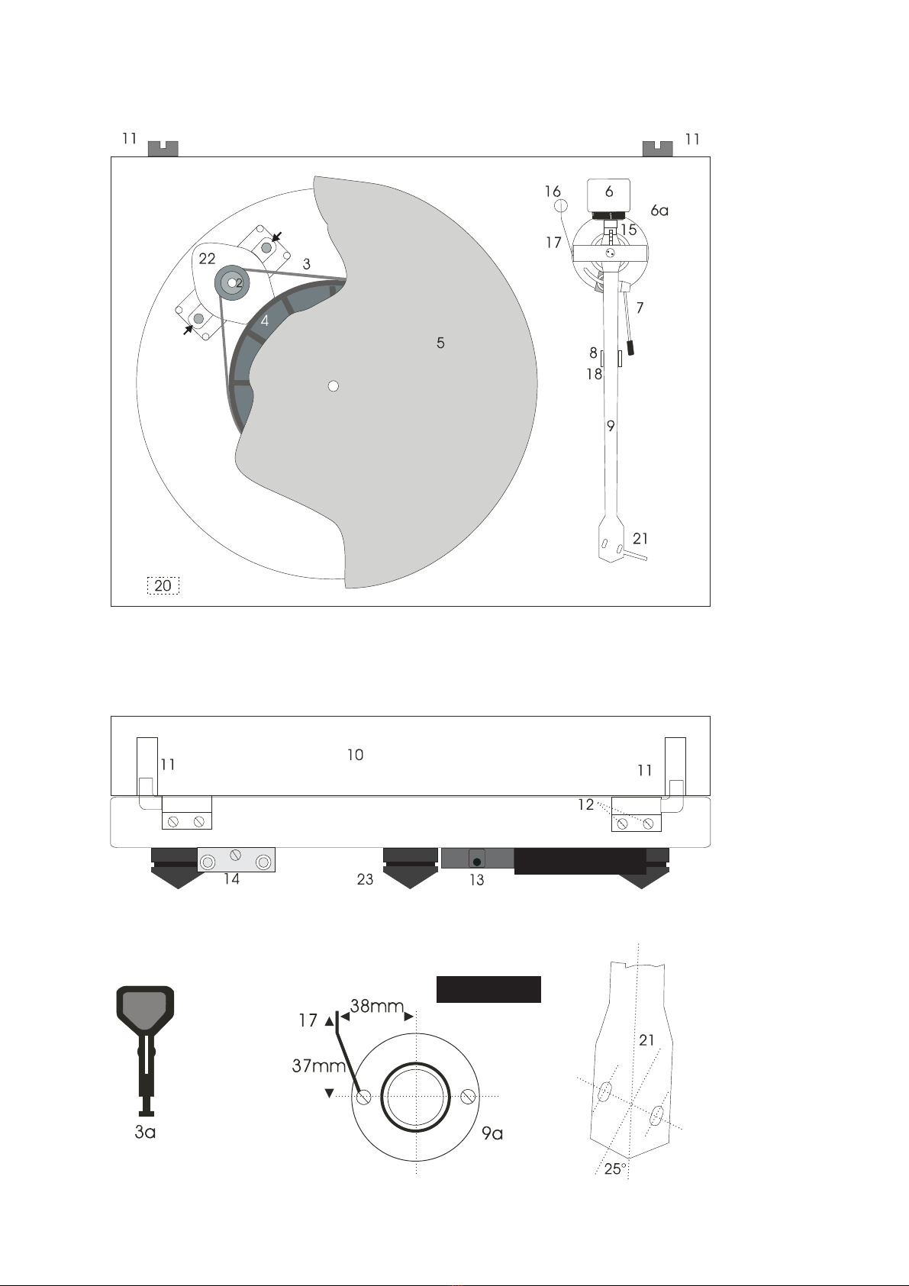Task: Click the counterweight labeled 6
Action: [x=608, y=195]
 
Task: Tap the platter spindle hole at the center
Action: [x=333, y=386]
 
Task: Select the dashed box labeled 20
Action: [x=163, y=585]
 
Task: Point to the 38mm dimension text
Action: [x=377, y=1005]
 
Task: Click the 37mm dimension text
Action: [x=319, y=1065]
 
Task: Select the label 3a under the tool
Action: [x=145, y=1132]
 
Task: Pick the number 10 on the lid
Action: [x=356, y=755]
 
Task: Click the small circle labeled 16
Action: [x=561, y=205]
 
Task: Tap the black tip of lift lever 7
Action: [x=631, y=347]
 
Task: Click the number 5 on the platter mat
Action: [x=440, y=343]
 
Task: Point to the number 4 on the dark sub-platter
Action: [x=265, y=321]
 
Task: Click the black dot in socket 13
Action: [x=476, y=862]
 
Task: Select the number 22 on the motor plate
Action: [x=207, y=259]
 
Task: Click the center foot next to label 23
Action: [x=409, y=868]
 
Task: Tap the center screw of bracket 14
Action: [x=235, y=855]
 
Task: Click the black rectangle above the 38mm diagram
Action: [x=488, y=989]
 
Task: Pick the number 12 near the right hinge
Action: [x=585, y=804]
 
